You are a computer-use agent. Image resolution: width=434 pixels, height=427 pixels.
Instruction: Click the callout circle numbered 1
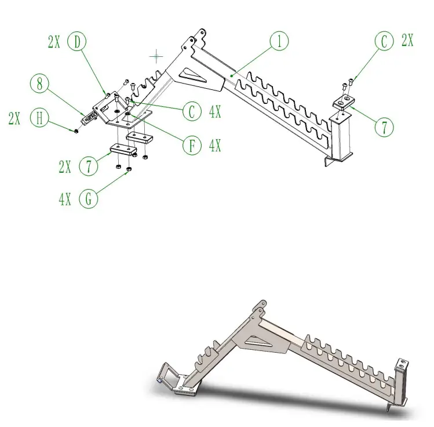coord(279,42)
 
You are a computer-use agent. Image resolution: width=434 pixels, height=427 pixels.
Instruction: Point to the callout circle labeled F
coord(192,145)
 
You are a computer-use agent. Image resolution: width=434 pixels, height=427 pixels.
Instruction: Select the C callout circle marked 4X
coord(192,111)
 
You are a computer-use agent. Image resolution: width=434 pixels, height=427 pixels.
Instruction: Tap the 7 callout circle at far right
coord(383,126)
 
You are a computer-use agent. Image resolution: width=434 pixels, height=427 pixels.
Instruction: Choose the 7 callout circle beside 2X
coord(87,167)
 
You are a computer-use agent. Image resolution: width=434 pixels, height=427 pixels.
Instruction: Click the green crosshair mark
coord(156,56)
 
